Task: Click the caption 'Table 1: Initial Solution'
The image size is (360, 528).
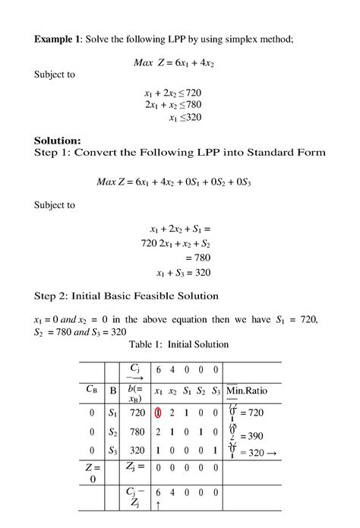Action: coord(179,344)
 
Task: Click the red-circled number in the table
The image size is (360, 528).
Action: coord(158,413)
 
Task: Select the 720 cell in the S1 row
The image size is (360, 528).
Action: coord(137,413)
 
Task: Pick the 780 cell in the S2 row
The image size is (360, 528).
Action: coord(137,432)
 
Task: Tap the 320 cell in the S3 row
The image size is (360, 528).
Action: coord(137,451)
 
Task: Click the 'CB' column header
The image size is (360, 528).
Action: coord(90,390)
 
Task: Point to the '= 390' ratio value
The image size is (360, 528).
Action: coord(250,436)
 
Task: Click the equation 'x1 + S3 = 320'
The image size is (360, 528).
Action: coord(183,273)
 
